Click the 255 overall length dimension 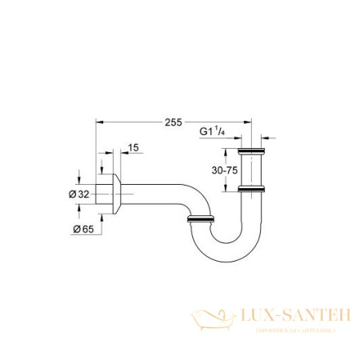[x=170, y=122]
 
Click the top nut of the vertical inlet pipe [x=253, y=151]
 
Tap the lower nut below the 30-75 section [x=253, y=189]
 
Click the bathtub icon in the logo [x=210, y=318]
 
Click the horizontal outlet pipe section [x=152, y=194]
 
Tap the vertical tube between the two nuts [x=253, y=170]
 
